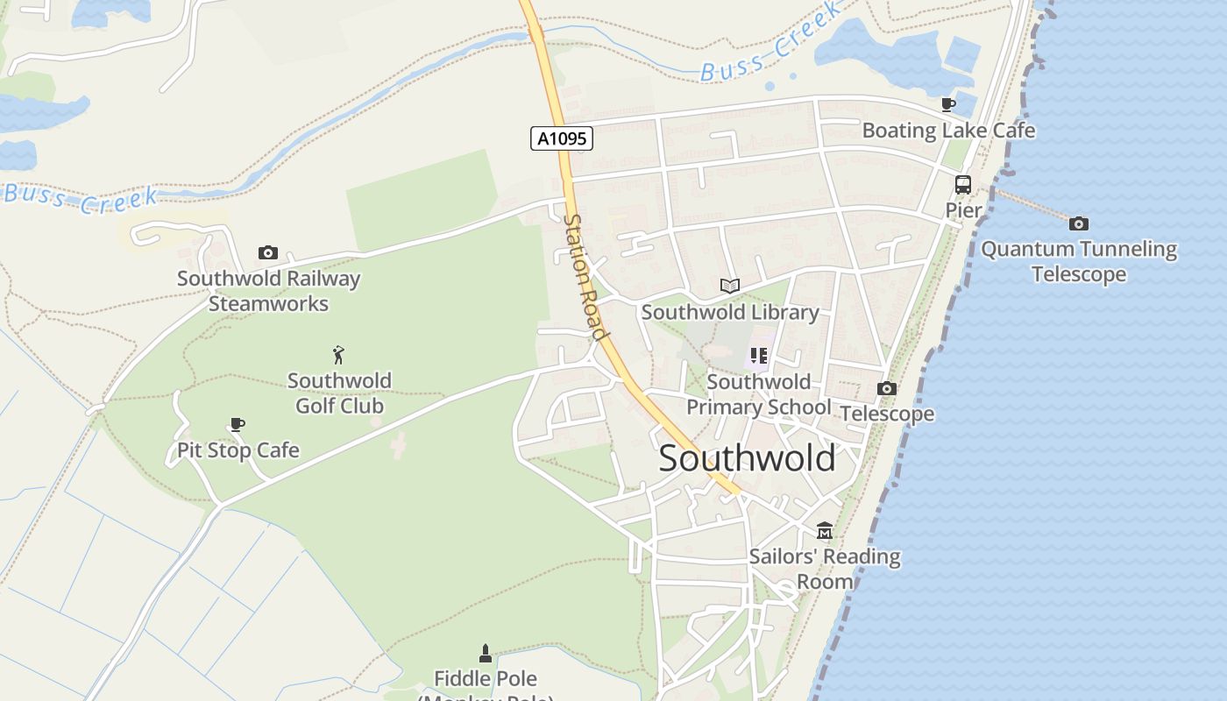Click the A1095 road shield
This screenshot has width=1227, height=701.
(x=562, y=138)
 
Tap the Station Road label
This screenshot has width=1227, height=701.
(x=585, y=277)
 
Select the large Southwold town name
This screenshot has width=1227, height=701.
(x=747, y=458)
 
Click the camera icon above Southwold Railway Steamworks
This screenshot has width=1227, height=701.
(x=268, y=253)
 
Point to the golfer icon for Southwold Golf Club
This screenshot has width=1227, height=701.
(x=339, y=355)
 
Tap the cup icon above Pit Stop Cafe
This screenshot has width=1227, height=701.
(x=237, y=425)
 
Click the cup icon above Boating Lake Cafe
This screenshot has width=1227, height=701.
(x=948, y=105)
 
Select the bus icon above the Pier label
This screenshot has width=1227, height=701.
(x=962, y=185)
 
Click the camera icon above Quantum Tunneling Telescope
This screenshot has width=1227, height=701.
(x=1079, y=223)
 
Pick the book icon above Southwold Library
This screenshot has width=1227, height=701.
(x=730, y=286)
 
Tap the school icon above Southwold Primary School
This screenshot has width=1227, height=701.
(x=759, y=356)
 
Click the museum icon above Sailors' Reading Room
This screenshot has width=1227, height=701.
(x=825, y=531)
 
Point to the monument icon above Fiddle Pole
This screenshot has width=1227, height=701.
(x=486, y=653)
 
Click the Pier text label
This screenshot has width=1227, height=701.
(x=963, y=210)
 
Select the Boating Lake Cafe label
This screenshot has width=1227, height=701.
(x=948, y=131)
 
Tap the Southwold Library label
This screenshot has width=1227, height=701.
(x=730, y=312)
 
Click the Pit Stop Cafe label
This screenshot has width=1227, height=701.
(x=238, y=450)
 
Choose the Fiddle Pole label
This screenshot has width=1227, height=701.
(x=486, y=678)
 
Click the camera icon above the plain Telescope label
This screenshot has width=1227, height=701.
(x=887, y=388)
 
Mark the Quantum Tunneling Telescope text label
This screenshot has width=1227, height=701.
(x=1079, y=261)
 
